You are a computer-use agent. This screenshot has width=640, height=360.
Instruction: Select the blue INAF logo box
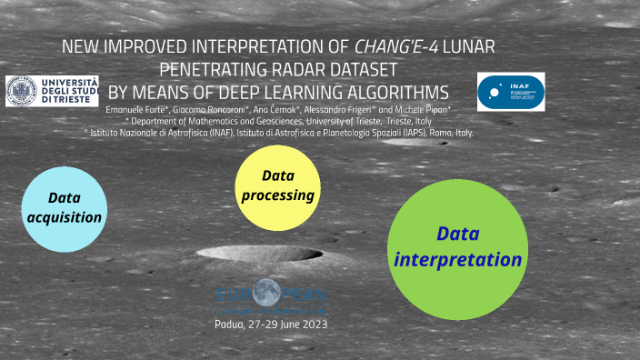click(x=510, y=92)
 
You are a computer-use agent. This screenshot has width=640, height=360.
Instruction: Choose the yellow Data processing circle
click(x=278, y=184)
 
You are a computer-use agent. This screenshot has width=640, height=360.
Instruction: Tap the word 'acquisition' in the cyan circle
click(x=63, y=217)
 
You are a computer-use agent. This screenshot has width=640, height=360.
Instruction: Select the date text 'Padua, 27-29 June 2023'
click(x=271, y=325)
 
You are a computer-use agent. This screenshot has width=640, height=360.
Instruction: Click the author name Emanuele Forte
click(x=135, y=110)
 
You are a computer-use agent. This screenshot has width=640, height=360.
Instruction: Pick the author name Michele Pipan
click(x=397, y=110)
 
